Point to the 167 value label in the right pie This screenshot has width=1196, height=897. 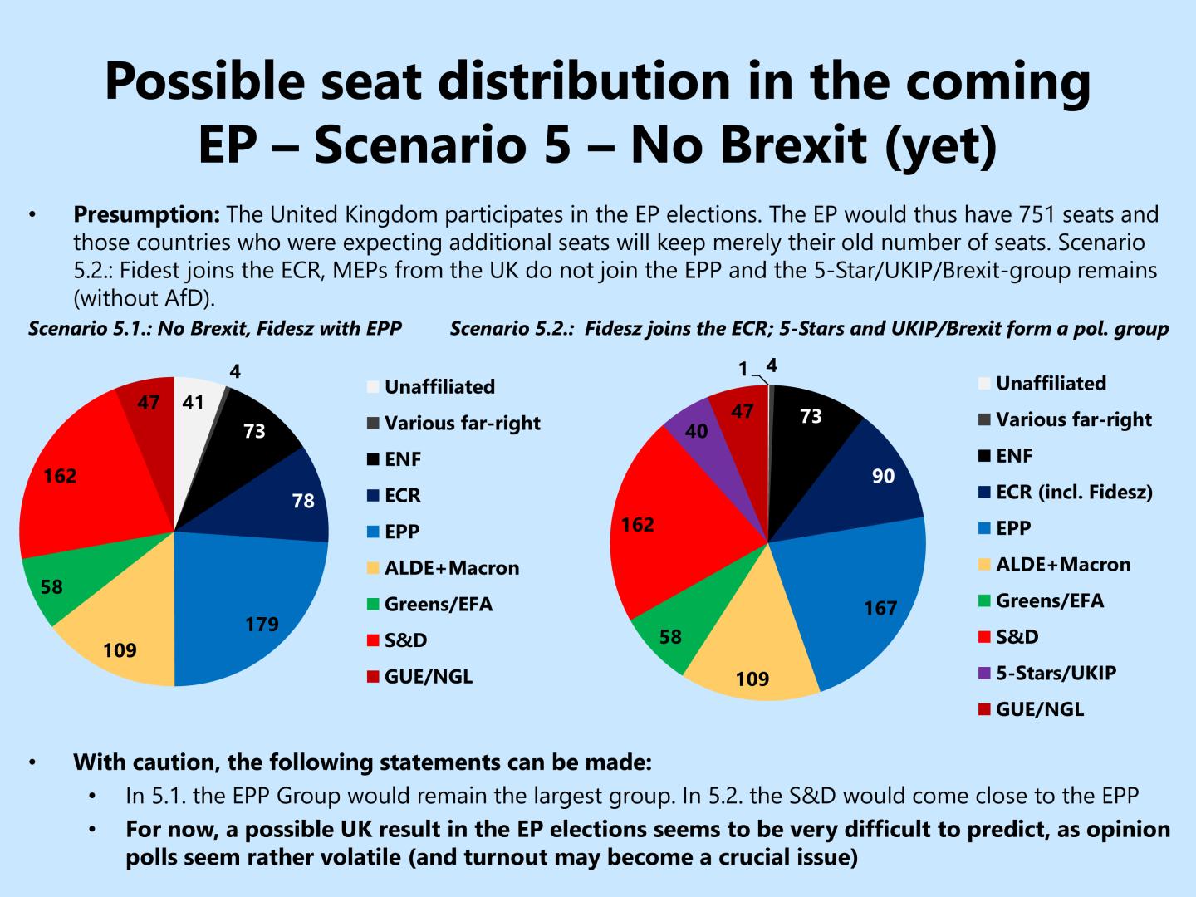point(880,609)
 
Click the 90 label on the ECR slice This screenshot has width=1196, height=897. point(883,477)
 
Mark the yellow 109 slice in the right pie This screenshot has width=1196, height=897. point(752,664)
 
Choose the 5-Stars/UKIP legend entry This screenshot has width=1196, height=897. point(1055,673)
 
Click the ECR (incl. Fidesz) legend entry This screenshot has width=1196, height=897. point(1073,492)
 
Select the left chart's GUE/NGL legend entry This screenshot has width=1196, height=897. point(428,677)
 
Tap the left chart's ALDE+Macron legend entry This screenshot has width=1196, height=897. point(451,568)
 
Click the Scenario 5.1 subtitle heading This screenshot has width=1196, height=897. point(215,329)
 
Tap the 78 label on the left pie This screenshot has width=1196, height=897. point(303,502)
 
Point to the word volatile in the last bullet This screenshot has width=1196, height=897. point(385,857)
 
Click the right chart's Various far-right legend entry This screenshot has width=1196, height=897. point(1073,419)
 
